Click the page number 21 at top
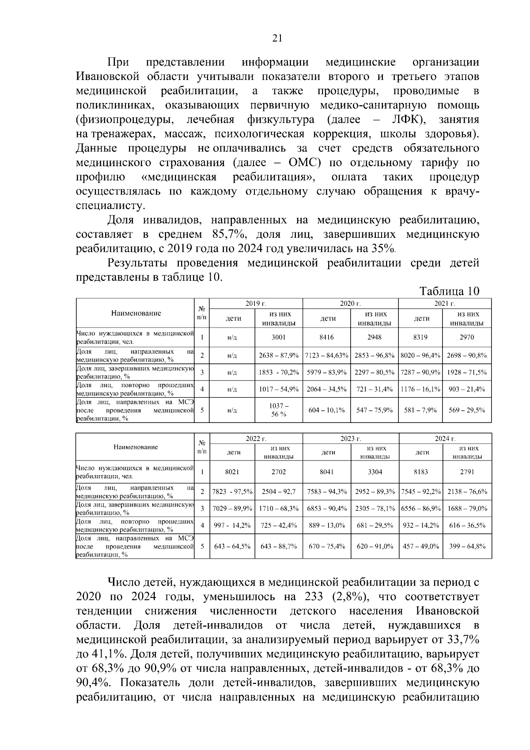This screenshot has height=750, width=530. tap(277, 38)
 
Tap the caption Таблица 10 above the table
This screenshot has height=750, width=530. tap(449, 291)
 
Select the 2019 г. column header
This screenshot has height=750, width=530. tap(256, 304)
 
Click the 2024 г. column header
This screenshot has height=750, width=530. tap(445, 438)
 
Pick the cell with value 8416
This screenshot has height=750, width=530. tap(326, 337)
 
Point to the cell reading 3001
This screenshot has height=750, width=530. tap(279, 337)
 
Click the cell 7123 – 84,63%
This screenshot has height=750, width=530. tap(326, 355)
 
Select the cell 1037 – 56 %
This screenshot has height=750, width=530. tap(279, 410)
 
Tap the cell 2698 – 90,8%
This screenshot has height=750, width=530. tap(467, 355)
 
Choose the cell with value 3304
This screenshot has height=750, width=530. tap(375, 472)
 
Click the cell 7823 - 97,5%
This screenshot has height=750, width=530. tap(232, 491)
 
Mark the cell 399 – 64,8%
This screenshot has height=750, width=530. tap(467, 546)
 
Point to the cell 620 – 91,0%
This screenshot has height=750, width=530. tap(375, 546)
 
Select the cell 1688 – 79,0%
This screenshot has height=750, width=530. tap(467, 509)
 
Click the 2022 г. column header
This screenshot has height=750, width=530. tap(256, 438)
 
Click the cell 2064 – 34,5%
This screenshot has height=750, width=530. tap(326, 389)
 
